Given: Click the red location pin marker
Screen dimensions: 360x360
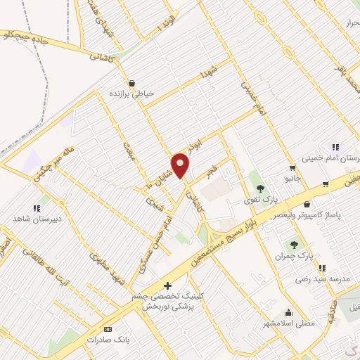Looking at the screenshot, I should (x=181, y=165).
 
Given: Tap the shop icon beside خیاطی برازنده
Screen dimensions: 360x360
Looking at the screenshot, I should (x=131, y=82).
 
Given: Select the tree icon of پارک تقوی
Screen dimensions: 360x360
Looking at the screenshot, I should (x=261, y=188).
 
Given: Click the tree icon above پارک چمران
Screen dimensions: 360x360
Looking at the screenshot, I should (x=295, y=244).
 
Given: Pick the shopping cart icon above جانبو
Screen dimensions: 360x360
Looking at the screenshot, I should (x=292, y=167).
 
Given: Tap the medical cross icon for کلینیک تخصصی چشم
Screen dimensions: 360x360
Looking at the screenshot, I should (x=167, y=285).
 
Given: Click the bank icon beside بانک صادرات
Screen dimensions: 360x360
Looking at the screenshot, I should (x=108, y=329).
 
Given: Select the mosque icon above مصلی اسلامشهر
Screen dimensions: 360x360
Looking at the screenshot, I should (x=288, y=313).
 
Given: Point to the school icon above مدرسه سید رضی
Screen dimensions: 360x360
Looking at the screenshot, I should (x=322, y=268).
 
